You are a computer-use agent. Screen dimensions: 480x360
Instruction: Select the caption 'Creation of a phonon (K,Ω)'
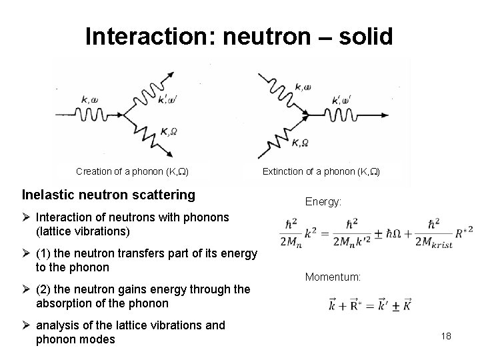click(x=133, y=171)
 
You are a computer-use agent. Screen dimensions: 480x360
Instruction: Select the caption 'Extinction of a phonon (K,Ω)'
click(x=321, y=171)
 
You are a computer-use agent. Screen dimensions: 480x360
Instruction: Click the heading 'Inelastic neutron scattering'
click(x=109, y=195)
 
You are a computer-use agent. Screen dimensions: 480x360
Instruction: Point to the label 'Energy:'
click(x=323, y=201)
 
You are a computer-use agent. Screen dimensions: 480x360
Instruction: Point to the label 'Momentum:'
click(x=333, y=276)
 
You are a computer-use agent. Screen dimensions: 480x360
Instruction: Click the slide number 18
click(x=446, y=336)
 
